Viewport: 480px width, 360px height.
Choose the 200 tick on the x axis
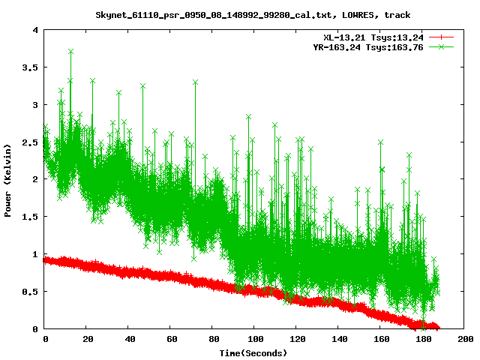[464, 328]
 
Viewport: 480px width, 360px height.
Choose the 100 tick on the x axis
[255, 328]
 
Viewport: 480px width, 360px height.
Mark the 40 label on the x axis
[129, 340]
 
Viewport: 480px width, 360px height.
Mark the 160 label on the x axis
[380, 340]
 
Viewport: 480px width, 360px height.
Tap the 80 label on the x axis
[213, 340]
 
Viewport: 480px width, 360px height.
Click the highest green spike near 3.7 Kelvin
[70, 52]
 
